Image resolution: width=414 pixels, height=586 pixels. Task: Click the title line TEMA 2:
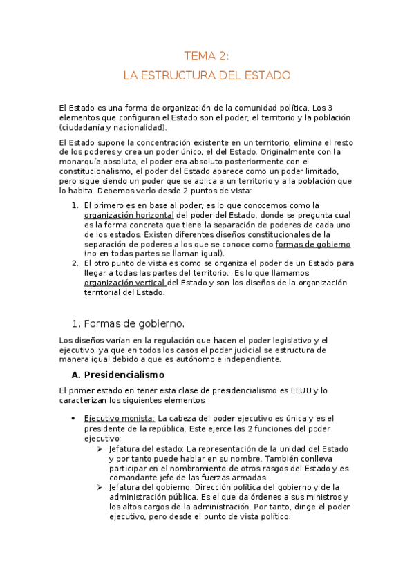(x=207, y=56)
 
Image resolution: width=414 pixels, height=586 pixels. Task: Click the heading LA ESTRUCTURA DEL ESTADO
(x=207, y=75)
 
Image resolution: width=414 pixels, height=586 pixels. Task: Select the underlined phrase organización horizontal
(x=129, y=215)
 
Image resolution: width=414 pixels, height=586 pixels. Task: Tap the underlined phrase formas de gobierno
(x=313, y=244)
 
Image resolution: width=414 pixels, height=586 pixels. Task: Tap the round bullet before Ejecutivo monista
(x=74, y=418)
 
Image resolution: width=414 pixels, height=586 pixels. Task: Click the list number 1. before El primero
(x=75, y=205)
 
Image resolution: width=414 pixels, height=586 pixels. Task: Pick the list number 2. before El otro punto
(x=75, y=263)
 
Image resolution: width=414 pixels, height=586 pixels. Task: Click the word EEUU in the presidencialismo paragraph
(x=299, y=390)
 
